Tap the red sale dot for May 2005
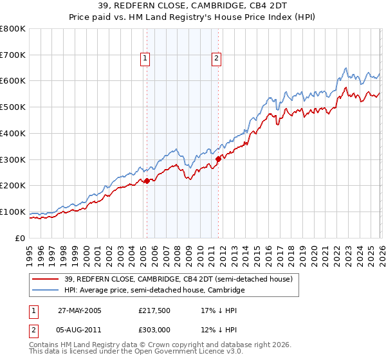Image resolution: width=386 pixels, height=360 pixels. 147,181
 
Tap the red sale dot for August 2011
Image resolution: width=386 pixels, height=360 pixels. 218,158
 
